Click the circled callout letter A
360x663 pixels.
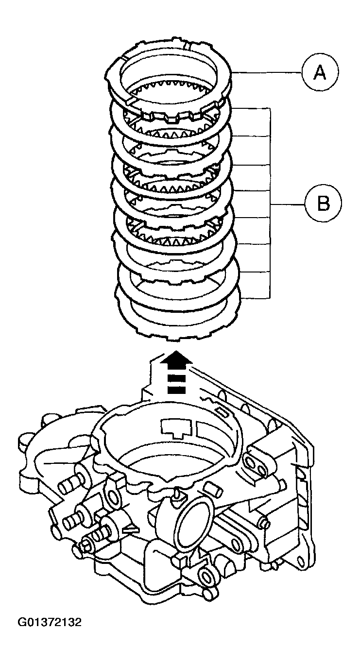[319, 73]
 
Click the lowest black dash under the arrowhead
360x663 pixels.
[178, 390]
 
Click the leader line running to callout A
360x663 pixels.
[267, 73]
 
